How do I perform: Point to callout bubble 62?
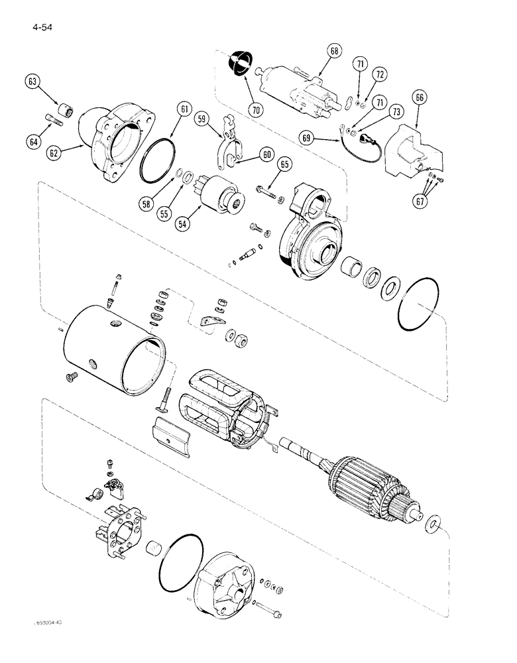(54, 153)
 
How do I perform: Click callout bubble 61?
(184, 109)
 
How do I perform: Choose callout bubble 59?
(205, 120)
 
